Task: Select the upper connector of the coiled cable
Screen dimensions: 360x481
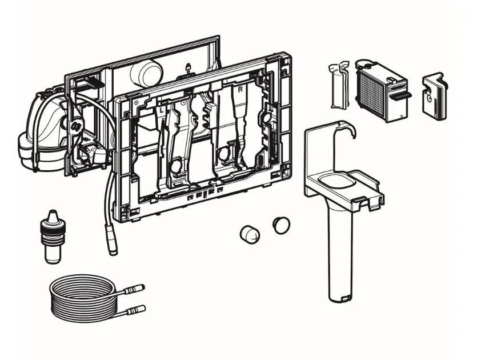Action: pyautogui.click(x=137, y=289)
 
